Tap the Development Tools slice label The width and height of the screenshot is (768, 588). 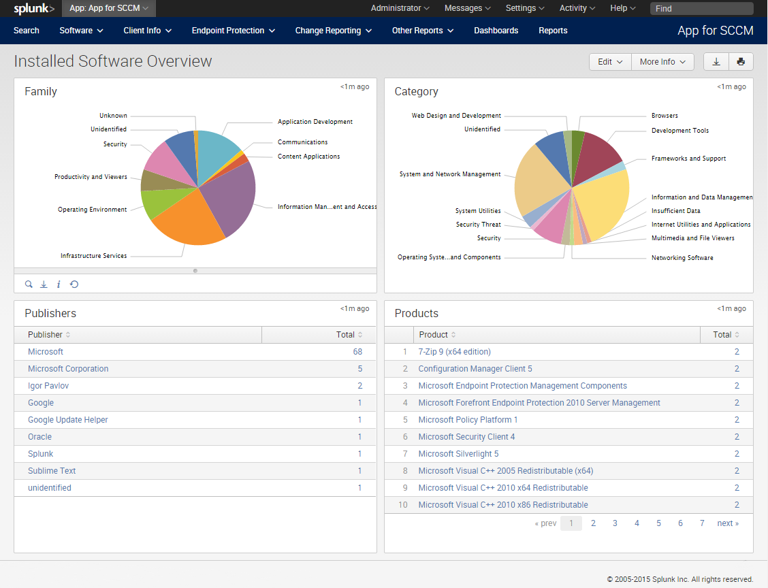679,131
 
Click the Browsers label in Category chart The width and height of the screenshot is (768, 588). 665,116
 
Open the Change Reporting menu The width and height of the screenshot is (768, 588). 333,31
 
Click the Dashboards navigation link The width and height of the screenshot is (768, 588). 496,31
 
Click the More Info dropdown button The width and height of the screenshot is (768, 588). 662,62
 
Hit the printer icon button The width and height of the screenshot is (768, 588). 741,62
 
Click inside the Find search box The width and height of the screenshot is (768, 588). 701,9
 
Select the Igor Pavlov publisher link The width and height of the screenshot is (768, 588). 48,386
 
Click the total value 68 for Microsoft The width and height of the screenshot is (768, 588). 357,352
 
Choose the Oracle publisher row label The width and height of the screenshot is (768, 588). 39,437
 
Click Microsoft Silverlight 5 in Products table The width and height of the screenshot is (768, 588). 458,454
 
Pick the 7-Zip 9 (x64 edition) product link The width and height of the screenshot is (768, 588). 454,352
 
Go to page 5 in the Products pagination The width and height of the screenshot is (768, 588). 658,523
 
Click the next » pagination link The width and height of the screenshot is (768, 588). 727,523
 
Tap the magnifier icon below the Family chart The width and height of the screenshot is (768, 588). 29,284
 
